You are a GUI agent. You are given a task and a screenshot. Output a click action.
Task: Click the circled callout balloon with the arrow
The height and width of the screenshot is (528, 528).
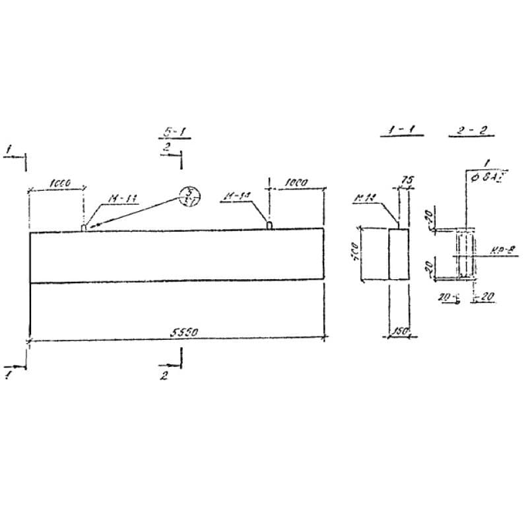(x=191, y=197)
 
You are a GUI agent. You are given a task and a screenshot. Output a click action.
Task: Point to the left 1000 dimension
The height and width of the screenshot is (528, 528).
(x=60, y=183)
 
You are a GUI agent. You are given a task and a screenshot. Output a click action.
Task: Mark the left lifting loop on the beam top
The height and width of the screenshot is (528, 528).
(x=83, y=227)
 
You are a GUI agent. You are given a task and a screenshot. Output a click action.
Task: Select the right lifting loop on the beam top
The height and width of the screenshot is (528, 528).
(x=269, y=226)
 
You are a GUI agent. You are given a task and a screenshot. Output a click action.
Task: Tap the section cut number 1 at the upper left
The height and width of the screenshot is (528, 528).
(x=9, y=149)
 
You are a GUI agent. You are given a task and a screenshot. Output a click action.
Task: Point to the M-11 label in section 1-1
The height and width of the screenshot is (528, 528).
(x=364, y=196)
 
